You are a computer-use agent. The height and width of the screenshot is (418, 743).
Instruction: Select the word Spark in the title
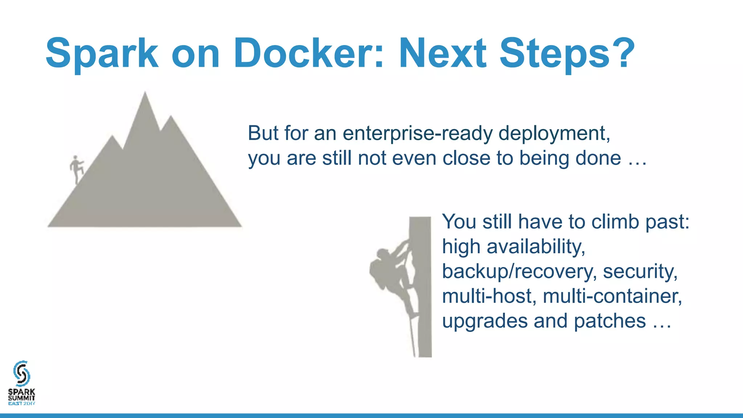coord(102,53)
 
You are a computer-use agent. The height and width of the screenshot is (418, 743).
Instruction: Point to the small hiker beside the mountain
coord(77,169)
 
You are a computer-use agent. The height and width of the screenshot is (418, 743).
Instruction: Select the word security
coord(640,271)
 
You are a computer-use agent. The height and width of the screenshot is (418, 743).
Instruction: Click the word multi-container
coord(612,296)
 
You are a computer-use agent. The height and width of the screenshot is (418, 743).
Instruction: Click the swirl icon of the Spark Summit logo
coord(21,373)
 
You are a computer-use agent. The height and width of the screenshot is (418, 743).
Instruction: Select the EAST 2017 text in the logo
coord(21,403)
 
